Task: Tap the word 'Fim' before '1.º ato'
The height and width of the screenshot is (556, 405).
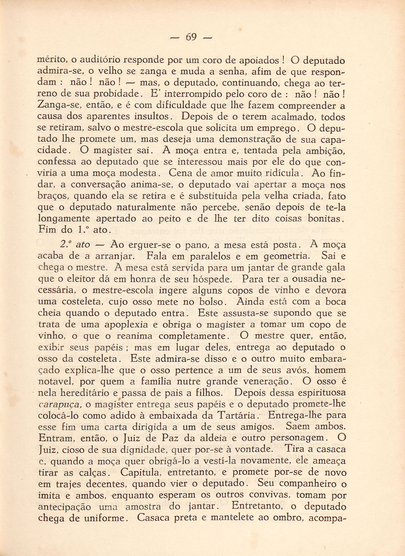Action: [x=47, y=230]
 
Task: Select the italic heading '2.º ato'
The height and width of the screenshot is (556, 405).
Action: [x=75, y=245]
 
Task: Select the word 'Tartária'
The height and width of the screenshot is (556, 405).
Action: [x=237, y=416]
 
